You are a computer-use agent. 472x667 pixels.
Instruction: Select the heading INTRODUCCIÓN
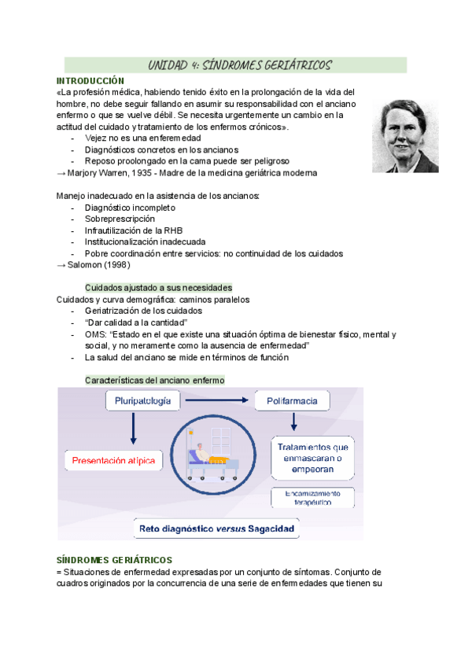coord(90,81)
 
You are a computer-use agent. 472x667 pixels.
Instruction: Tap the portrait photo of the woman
coord(406,135)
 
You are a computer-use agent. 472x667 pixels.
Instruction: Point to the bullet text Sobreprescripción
coord(120,219)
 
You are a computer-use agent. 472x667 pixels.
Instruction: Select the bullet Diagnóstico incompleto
coord(130,208)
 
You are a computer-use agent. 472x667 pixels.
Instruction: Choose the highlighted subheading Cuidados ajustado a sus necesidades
coord(157,288)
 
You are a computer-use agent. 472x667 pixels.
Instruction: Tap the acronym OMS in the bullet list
coord(94,334)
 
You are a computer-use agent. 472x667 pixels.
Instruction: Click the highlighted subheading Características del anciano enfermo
coord(154,380)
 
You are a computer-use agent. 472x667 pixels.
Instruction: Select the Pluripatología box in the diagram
coord(143,402)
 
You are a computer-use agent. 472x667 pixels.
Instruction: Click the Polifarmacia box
coord(292,402)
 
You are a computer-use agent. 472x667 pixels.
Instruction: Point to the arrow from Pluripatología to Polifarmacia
coord(217,402)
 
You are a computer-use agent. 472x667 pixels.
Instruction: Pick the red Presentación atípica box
coord(113,460)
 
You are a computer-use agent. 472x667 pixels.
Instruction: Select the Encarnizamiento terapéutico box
coord(312,498)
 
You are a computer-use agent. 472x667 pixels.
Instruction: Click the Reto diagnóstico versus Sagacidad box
coord(216,529)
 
